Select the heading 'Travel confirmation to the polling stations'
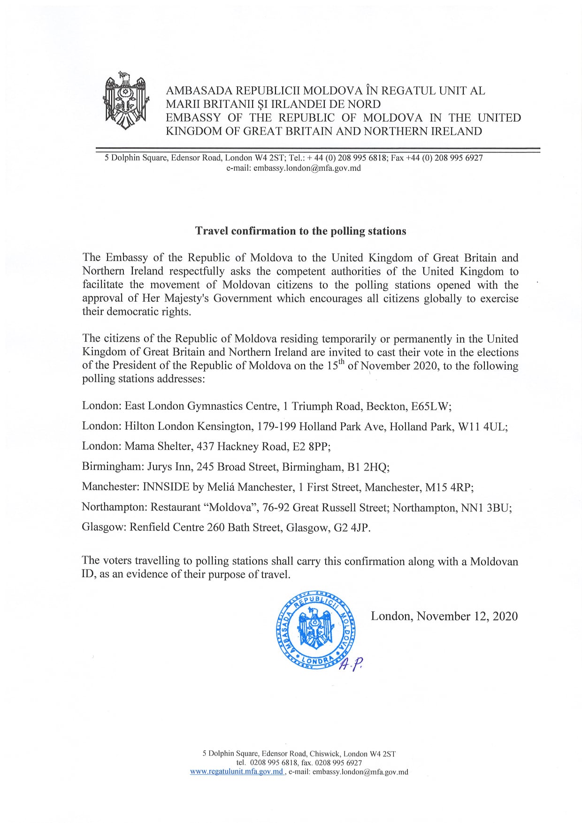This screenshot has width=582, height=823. pyautogui.click(x=300, y=231)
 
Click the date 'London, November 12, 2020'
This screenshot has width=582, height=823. pyautogui.click(x=444, y=616)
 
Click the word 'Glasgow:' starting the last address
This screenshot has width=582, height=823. pyautogui.click(x=103, y=527)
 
